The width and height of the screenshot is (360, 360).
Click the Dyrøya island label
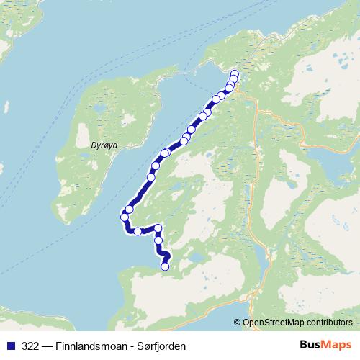click(x=104, y=145)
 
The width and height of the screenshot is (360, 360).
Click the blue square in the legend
click(x=11, y=346)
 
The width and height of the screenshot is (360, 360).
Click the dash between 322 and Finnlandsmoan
click(x=46, y=346)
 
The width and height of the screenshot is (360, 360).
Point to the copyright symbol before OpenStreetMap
click(x=238, y=323)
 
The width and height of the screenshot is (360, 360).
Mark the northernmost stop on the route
click(x=235, y=73)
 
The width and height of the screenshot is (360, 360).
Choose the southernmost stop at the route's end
click(x=165, y=266)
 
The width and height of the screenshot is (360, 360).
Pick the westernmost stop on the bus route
click(x=125, y=217)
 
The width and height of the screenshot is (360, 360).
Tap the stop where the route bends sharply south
click(x=158, y=228)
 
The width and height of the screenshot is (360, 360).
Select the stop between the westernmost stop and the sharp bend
click(x=137, y=231)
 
